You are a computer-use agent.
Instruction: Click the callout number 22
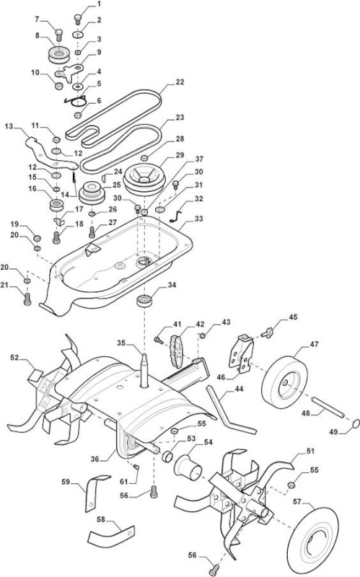180,82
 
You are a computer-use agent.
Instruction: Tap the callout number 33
199,219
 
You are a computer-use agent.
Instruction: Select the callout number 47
314,344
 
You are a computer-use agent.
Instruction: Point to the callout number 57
297,501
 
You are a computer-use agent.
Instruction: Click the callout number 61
124,482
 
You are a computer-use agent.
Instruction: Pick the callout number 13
9,126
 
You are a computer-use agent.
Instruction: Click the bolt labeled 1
78,19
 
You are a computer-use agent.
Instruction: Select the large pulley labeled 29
144,179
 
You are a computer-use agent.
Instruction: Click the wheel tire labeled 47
284,382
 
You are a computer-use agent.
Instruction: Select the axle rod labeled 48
328,407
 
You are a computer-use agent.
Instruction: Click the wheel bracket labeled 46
241,353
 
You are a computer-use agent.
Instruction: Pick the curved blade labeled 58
110,534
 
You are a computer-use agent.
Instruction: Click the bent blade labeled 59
95,492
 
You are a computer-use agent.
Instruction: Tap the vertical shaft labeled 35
144,370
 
